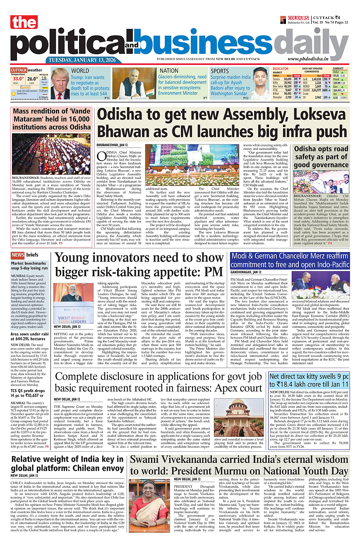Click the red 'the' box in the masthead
coord(24,23)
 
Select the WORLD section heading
coord(80,71)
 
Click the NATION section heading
coord(169,71)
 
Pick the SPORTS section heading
coord(220,71)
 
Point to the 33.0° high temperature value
coord(18,78)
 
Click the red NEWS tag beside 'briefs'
coord(17,255)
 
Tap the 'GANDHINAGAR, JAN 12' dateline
coord(246,272)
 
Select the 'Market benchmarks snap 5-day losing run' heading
coord(29,266)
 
